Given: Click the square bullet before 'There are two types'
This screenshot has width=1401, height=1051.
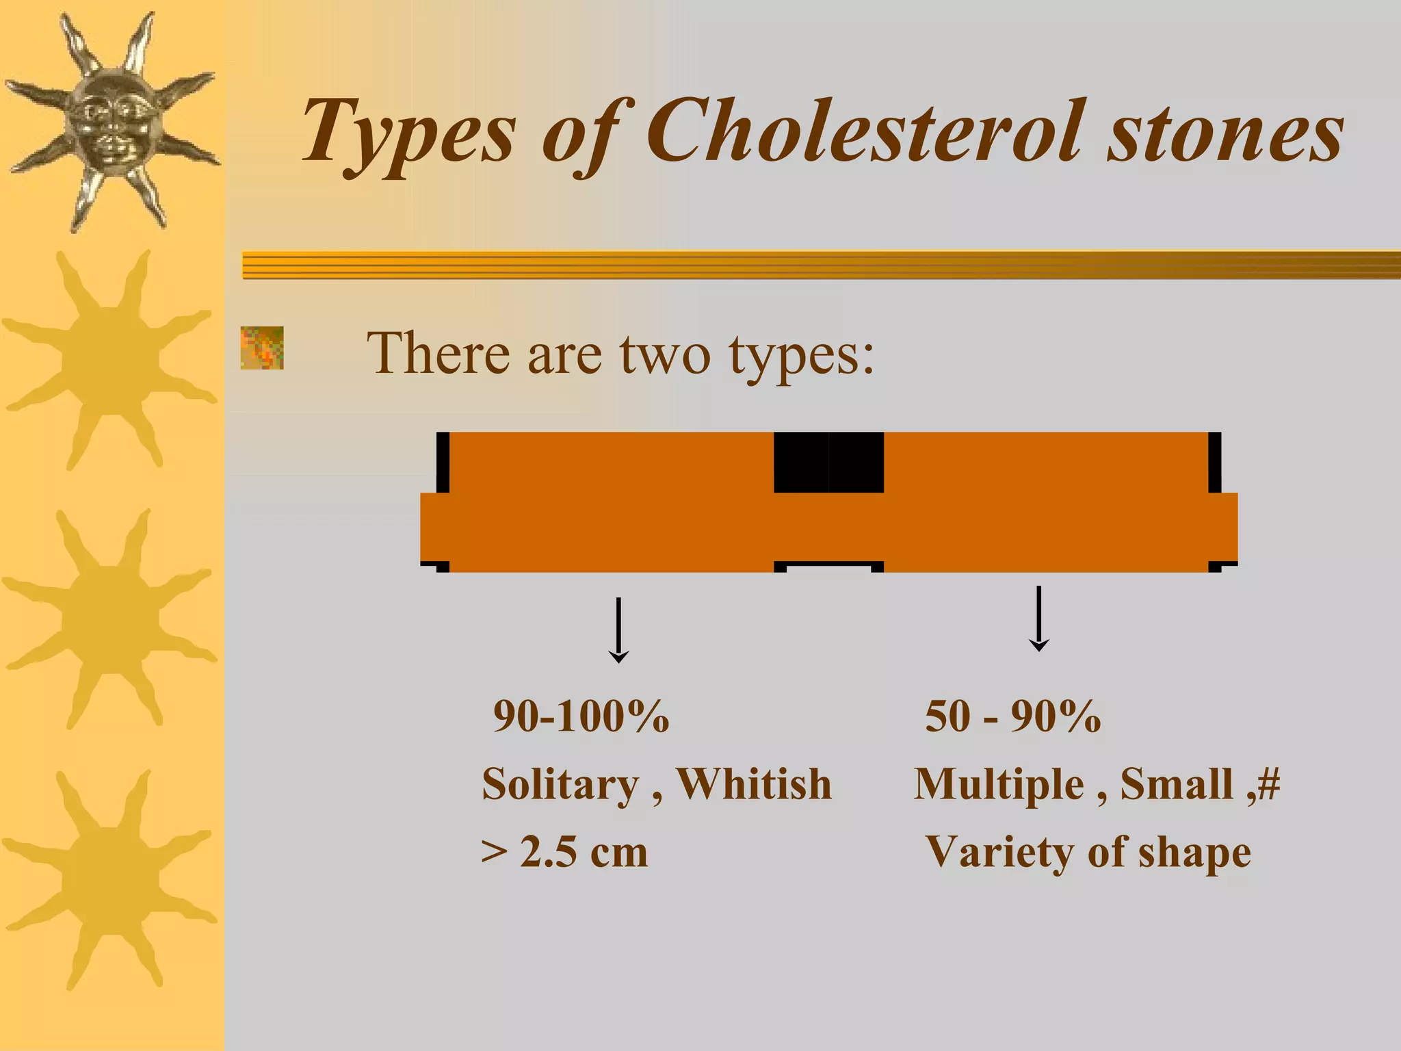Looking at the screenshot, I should pyautogui.click(x=262, y=348).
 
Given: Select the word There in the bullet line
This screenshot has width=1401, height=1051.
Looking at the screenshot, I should pyautogui.click(x=438, y=354).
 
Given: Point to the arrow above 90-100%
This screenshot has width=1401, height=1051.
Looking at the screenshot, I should pyautogui.click(x=618, y=630).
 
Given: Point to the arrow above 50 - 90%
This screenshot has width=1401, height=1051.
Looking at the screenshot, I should pyautogui.click(x=1038, y=618).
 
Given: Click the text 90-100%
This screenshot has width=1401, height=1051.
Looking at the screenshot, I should pyautogui.click(x=581, y=716).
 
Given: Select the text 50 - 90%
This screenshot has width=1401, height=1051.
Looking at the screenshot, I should pyautogui.click(x=1013, y=716).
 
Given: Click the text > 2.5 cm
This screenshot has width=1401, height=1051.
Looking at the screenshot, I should pyautogui.click(x=564, y=853).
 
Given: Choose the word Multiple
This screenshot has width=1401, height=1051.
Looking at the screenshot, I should pyautogui.click(x=999, y=784).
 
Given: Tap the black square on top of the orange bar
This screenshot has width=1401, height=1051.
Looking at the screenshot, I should pyautogui.click(x=828, y=462).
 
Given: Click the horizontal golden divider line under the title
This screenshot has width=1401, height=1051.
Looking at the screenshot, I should pyautogui.click(x=821, y=265).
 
